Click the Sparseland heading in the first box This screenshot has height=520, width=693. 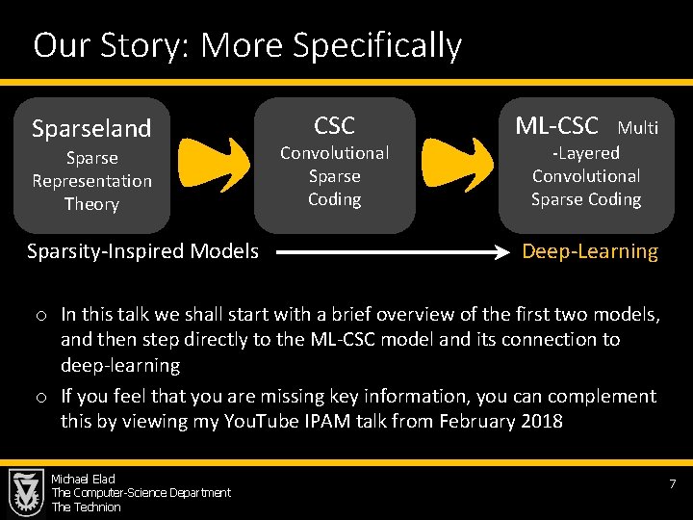[91, 128]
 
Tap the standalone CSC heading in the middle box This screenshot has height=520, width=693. [334, 125]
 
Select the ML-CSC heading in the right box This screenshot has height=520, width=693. [556, 125]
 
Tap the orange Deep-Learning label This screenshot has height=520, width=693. [590, 252]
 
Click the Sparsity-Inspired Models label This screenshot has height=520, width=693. [142, 252]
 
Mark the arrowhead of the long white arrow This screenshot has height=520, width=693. [513, 253]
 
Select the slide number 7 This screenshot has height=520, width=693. [673, 482]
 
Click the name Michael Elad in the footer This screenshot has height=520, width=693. [84, 479]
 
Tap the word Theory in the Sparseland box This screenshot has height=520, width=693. [91, 204]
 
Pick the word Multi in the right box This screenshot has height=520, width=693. [638, 127]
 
